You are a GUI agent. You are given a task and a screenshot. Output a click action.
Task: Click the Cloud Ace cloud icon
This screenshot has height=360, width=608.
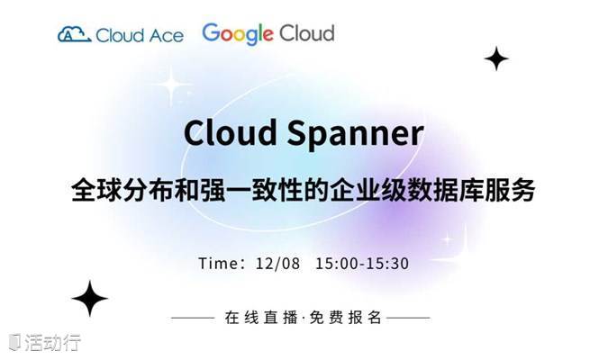74,34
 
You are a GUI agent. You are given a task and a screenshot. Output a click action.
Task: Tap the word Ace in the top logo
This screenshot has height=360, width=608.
167,36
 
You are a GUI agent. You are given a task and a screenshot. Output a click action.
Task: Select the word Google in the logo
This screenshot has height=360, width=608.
238,34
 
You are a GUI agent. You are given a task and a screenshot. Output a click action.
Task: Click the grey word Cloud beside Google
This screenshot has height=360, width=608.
307,33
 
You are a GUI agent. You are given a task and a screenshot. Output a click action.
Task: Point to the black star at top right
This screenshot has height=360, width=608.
496,58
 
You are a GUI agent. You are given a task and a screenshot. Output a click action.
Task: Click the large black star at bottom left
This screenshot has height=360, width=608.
90,299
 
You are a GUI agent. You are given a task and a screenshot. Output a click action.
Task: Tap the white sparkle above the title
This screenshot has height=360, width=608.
171,85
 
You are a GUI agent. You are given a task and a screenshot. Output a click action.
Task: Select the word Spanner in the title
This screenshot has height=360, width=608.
355,134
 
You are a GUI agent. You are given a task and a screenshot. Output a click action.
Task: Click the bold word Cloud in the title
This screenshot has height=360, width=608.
231,132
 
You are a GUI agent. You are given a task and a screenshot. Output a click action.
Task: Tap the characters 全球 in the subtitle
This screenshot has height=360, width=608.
96,190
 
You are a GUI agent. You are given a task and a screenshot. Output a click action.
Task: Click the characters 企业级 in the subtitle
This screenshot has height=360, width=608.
368,190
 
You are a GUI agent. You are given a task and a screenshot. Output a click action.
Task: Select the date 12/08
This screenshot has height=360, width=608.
277,264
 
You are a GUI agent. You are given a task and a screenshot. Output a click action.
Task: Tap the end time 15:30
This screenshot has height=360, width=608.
387,264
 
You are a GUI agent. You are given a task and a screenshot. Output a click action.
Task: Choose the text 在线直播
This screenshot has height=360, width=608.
260,318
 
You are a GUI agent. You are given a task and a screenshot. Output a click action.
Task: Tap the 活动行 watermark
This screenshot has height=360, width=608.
45,343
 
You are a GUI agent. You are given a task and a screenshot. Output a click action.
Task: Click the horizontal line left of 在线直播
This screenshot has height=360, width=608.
193,318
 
